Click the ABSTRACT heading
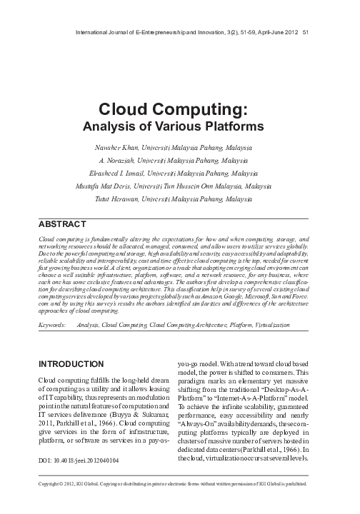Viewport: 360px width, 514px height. pos(61,224)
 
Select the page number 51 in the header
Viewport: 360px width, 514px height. pos(306,31)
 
